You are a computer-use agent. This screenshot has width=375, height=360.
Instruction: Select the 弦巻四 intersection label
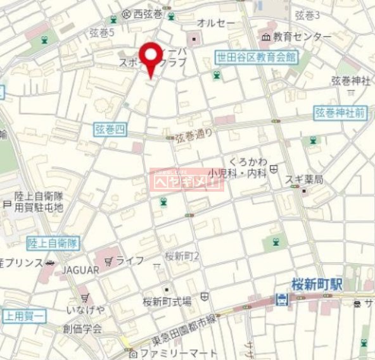click(111, 130)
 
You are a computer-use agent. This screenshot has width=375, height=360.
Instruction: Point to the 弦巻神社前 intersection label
click(340, 113)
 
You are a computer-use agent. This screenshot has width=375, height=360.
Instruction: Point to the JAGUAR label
click(80, 270)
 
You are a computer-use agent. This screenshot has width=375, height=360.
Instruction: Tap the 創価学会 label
click(82, 328)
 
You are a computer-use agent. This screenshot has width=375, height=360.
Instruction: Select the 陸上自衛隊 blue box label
click(53, 242)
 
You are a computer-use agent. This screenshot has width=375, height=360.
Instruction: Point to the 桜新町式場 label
click(167, 301)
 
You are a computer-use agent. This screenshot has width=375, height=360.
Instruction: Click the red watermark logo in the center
click(186, 179)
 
